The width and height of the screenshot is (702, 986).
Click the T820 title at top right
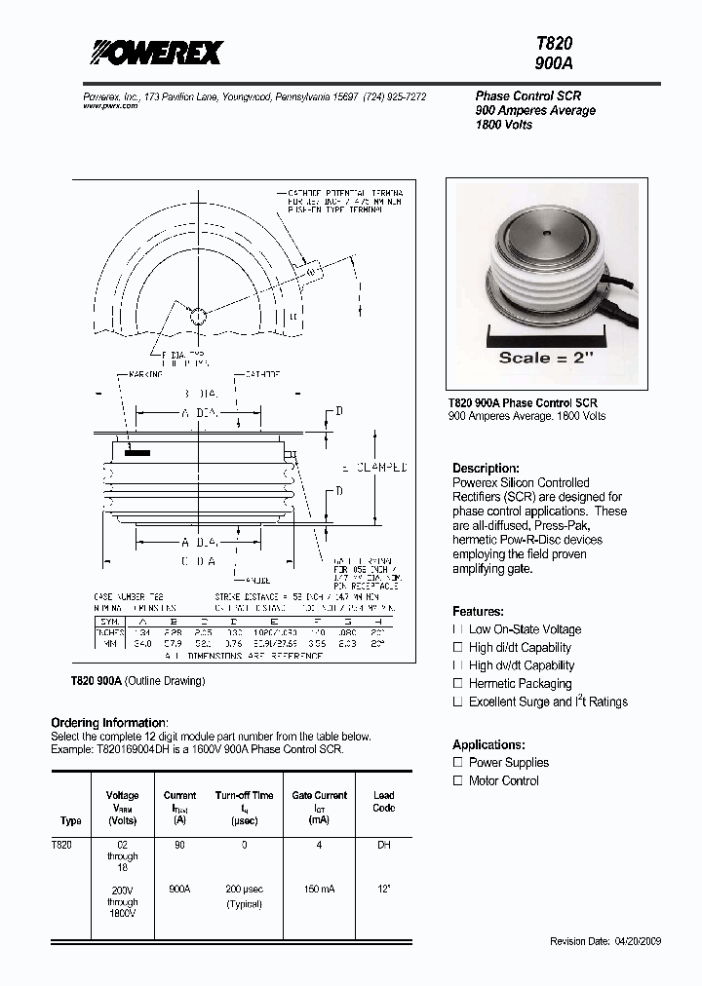pyautogui.click(x=554, y=44)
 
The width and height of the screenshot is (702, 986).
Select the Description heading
pyautogui.click(x=486, y=468)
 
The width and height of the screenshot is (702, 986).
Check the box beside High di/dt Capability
pyautogui.click(x=457, y=647)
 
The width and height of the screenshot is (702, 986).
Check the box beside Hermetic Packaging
pyautogui.click(x=457, y=683)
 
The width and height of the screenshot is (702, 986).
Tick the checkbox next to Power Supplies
pyautogui.click(x=457, y=762)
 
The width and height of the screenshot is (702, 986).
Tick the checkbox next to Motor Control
pyautogui.click(x=457, y=780)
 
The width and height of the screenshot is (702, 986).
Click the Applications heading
pyautogui.click(x=488, y=744)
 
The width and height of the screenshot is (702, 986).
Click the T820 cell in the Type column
pyautogui.click(x=62, y=845)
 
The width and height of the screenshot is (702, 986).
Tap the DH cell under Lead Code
pyautogui.click(x=383, y=845)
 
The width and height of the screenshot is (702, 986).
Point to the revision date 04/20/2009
pyautogui.click(x=619, y=942)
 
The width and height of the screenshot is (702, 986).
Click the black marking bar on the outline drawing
pyautogui.click(x=137, y=453)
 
